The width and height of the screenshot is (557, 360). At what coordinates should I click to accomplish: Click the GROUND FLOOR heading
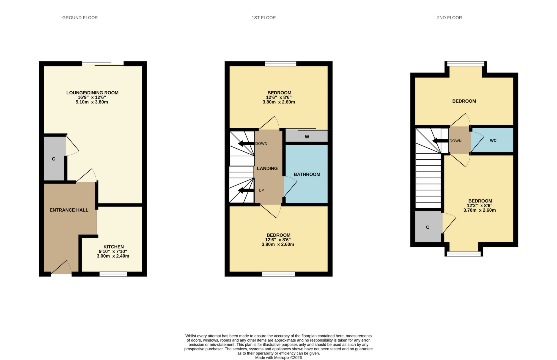[80, 18]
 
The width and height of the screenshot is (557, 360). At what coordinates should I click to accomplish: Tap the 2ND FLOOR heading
[449, 18]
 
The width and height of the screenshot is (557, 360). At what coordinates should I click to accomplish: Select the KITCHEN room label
[113, 247]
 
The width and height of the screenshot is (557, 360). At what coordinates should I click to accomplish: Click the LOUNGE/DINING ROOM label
[92, 93]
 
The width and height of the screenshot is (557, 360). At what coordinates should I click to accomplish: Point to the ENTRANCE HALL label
[69, 210]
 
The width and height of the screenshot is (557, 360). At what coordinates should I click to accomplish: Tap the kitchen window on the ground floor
[113, 274]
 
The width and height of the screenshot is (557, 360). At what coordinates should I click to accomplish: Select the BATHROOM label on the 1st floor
[307, 174]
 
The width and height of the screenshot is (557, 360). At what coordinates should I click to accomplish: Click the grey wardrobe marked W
[307, 137]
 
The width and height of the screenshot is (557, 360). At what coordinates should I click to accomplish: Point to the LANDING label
[267, 168]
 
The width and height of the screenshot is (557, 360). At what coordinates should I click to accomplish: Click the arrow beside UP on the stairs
[246, 190]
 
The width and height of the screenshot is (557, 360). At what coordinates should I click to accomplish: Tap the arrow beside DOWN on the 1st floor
[246, 144]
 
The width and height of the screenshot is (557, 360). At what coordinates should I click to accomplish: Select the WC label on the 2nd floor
[493, 140]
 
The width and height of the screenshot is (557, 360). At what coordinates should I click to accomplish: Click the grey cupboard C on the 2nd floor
[428, 227]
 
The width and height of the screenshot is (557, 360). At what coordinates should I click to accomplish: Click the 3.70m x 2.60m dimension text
[479, 210]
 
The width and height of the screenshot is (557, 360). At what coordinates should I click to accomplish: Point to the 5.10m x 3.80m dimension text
[92, 102]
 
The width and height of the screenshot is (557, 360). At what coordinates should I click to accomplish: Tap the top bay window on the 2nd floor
[465, 64]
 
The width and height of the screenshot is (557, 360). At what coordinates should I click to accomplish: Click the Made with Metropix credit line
[278, 358]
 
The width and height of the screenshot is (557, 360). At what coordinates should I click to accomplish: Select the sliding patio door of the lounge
[103, 64]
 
